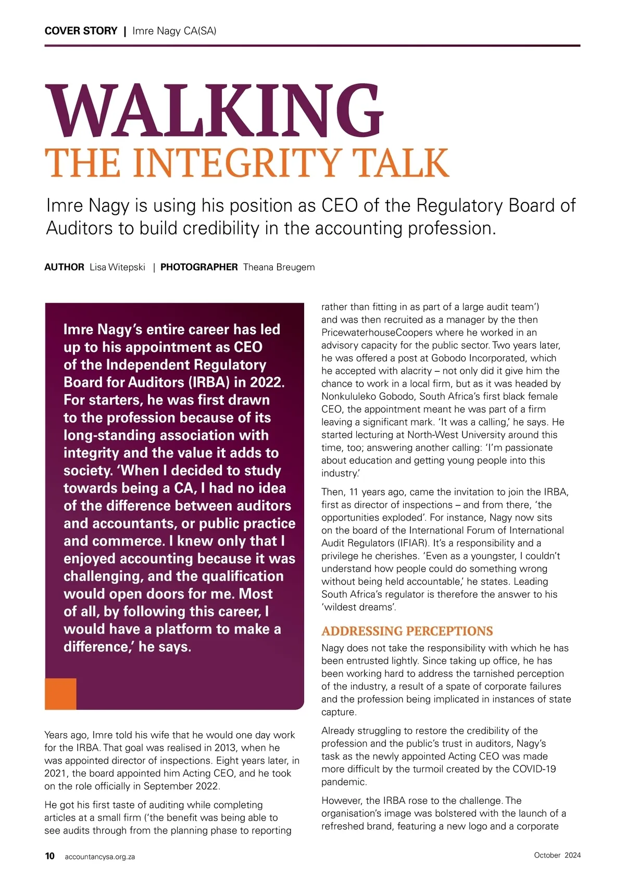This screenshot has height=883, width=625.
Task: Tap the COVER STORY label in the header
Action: tap(81, 31)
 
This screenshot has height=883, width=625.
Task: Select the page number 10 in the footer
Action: tap(50, 856)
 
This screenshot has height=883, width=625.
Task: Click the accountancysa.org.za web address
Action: tap(99, 856)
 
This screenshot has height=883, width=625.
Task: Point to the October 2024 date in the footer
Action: tap(557, 855)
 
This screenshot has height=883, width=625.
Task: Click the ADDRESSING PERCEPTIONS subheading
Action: tap(407, 631)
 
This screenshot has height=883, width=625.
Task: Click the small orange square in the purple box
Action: tap(60, 693)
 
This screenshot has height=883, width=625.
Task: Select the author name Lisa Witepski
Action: tap(117, 267)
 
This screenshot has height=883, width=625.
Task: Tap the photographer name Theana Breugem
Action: tap(279, 267)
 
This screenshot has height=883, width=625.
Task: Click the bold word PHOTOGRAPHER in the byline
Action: tap(199, 267)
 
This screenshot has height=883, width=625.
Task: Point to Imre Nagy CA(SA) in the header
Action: tap(174, 31)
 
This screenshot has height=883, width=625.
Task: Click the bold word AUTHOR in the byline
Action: tap(64, 267)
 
